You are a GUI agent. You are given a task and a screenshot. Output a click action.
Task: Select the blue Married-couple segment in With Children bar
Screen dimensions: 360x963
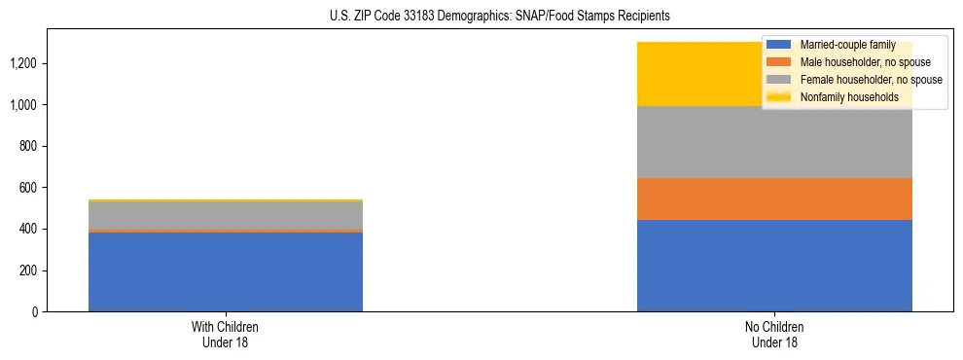(226, 272)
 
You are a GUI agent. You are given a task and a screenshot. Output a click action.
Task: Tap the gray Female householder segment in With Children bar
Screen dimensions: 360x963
(226, 215)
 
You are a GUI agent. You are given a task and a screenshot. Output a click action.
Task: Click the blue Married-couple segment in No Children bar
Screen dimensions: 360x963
(774, 266)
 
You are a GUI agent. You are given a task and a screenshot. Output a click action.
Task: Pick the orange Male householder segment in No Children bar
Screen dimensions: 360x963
(774, 198)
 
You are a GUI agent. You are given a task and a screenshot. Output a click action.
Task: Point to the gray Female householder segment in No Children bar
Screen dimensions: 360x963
(774, 142)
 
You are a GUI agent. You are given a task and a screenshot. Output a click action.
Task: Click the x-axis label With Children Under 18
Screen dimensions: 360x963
(226, 334)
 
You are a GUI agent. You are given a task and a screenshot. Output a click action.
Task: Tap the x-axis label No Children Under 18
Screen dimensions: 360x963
(774, 334)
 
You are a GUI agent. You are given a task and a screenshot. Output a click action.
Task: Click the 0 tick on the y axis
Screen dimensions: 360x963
(34, 311)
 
